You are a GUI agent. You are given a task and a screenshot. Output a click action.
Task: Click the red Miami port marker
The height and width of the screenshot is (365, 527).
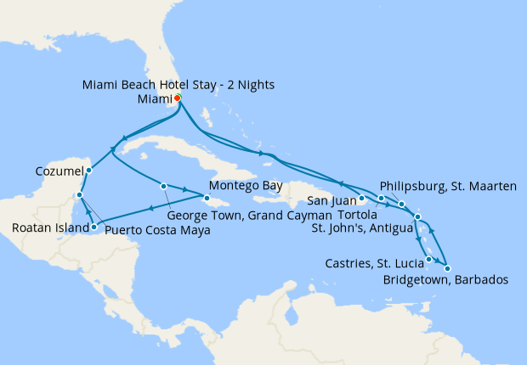(x=178, y=98)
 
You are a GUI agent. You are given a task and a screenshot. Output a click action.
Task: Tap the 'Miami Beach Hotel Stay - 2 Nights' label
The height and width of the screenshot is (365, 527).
(x=178, y=85)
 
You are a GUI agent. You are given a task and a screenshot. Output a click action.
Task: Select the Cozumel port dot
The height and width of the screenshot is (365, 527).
(x=88, y=170)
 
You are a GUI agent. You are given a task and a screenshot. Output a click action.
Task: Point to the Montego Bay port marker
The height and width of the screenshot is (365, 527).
(x=207, y=196)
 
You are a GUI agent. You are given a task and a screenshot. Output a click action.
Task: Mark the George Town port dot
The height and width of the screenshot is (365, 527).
(x=162, y=185)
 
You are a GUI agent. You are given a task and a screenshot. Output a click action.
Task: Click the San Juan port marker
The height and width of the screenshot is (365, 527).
(x=362, y=199)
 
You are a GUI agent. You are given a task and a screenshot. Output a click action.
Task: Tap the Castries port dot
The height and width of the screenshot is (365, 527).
(x=429, y=259)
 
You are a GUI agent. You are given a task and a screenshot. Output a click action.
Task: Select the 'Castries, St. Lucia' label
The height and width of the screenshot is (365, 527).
(x=373, y=264)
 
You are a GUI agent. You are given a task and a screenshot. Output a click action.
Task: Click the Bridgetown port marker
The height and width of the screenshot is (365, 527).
(x=447, y=268)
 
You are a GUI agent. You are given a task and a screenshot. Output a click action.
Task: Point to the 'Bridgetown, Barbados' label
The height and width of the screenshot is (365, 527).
(x=445, y=279)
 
